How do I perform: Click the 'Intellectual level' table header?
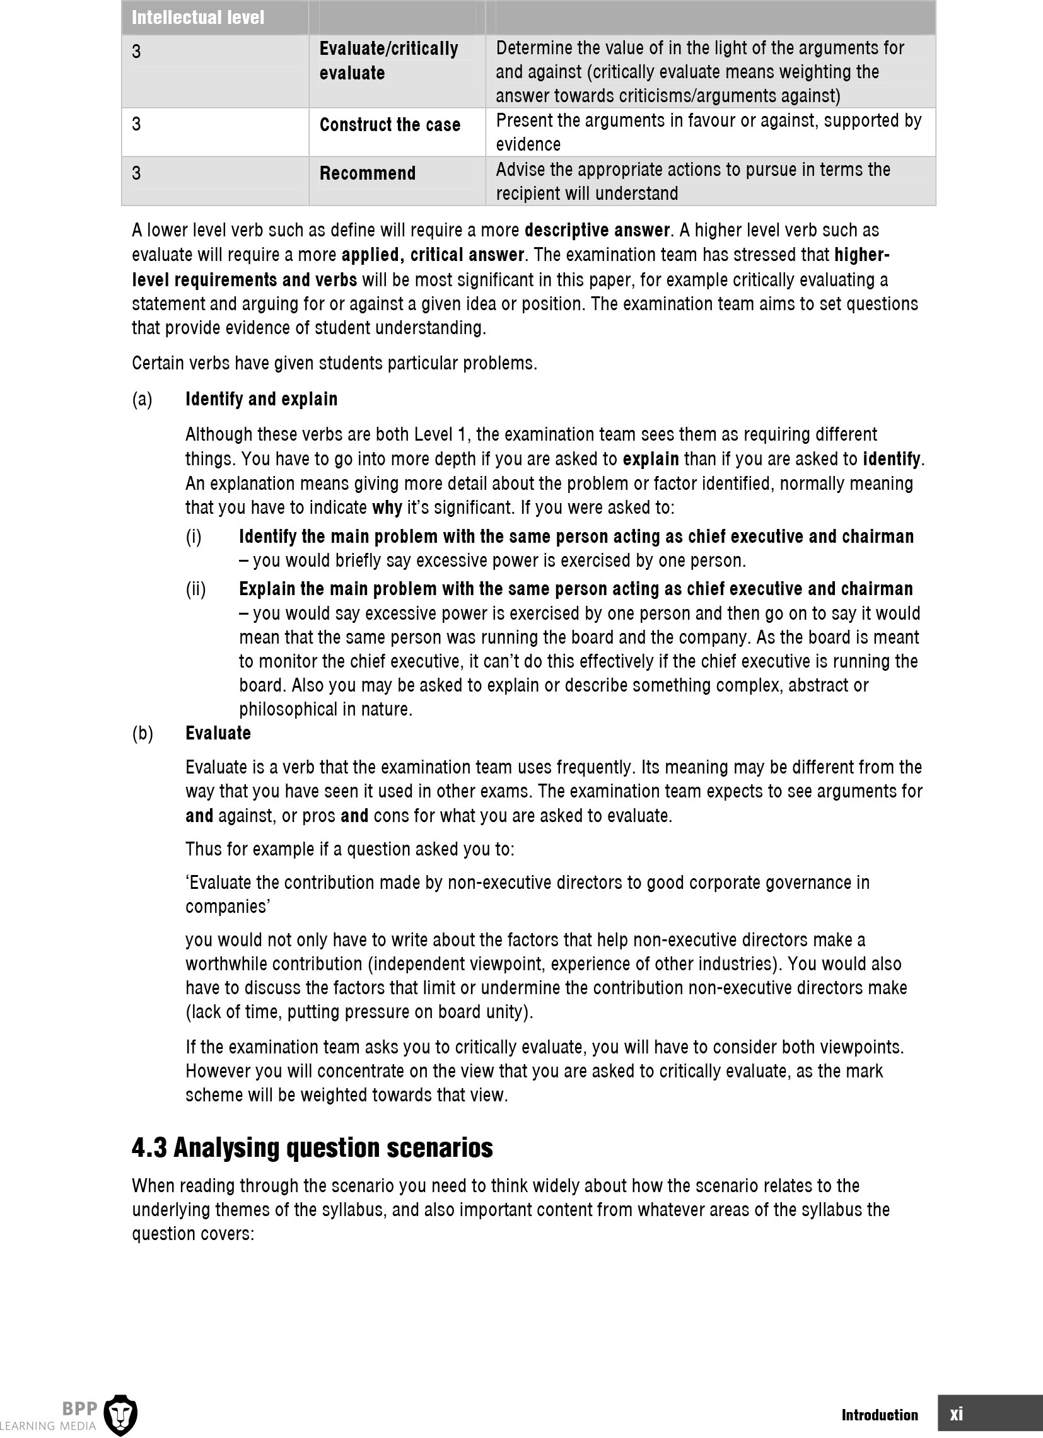(198, 17)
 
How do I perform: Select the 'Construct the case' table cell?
(389, 125)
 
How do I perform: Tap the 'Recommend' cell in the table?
(367, 173)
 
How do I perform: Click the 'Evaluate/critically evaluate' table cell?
(388, 61)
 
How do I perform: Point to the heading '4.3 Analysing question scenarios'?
(312, 1147)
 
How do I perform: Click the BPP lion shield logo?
(120, 1413)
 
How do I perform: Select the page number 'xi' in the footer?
(955, 1414)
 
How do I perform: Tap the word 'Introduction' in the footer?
(880, 1415)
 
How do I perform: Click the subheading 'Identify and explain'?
(261, 399)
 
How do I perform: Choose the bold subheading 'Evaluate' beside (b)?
(218, 733)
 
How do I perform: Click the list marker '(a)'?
(142, 400)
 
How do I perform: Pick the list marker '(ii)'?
(196, 589)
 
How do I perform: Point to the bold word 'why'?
(387, 507)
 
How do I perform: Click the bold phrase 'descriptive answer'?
(597, 230)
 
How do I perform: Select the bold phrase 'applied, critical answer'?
(433, 255)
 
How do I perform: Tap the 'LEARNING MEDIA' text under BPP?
(48, 1426)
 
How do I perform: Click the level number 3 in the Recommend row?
(136, 173)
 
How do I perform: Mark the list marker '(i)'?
(194, 537)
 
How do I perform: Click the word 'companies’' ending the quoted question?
(228, 907)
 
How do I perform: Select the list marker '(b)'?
(143, 734)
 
